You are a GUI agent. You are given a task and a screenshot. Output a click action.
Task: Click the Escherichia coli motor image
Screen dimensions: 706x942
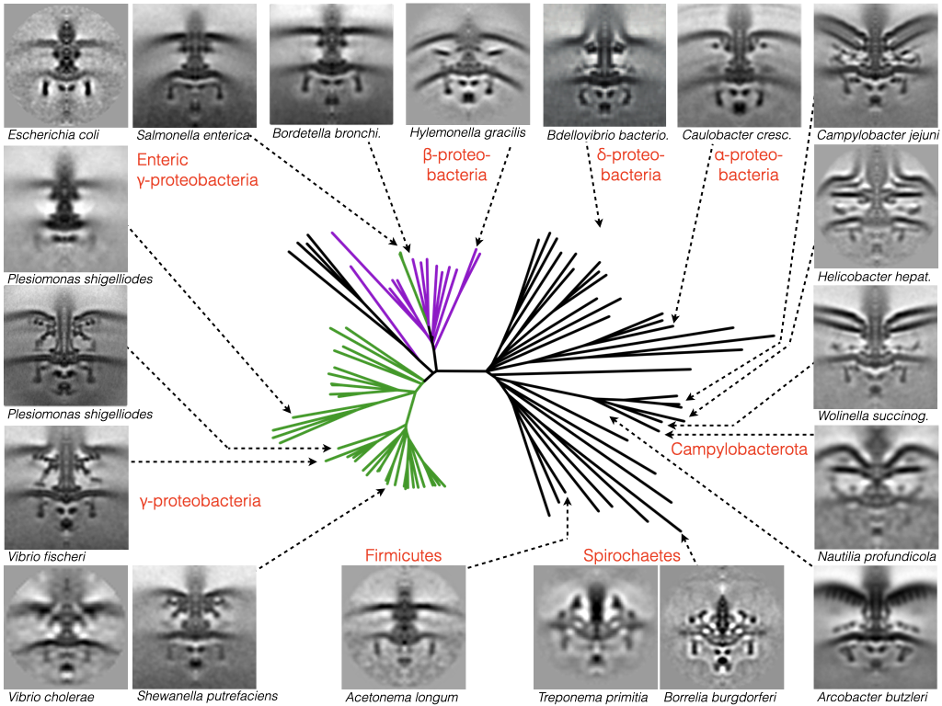[65, 64]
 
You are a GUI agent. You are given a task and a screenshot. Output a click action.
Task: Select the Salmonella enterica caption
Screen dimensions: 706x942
[191, 135]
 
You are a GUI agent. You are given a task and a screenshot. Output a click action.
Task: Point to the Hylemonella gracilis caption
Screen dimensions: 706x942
[467, 132]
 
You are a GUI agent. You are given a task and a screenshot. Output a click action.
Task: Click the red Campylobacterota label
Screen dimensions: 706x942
[739, 450]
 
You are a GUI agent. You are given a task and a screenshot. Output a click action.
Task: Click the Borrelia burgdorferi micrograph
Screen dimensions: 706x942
[722, 627]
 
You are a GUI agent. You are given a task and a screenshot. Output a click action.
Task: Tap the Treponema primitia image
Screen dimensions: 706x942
[596, 627]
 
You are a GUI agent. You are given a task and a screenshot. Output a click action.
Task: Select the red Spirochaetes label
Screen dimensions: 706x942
[631, 556]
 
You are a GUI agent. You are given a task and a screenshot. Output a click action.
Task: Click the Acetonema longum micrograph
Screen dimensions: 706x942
[403, 627]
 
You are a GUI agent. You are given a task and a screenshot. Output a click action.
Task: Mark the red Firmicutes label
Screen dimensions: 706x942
[403, 555]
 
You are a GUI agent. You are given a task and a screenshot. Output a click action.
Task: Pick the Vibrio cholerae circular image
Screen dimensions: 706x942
[65, 627]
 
